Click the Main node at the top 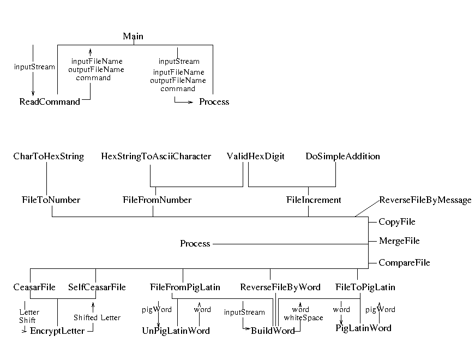(133, 37)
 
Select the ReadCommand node (50, 102)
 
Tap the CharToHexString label (49, 157)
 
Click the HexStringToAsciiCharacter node (156, 157)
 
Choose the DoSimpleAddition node (342, 157)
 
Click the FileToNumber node (51, 200)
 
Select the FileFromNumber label (157, 200)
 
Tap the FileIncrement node (314, 200)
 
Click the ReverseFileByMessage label (425, 200)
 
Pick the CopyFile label (397, 222)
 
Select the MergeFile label (399, 241)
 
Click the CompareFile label (404, 263)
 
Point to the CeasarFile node (34, 287)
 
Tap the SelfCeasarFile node (97, 287)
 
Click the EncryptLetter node (57, 331)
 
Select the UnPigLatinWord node (176, 331)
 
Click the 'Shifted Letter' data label (97, 317)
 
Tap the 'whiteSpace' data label (303, 317)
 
